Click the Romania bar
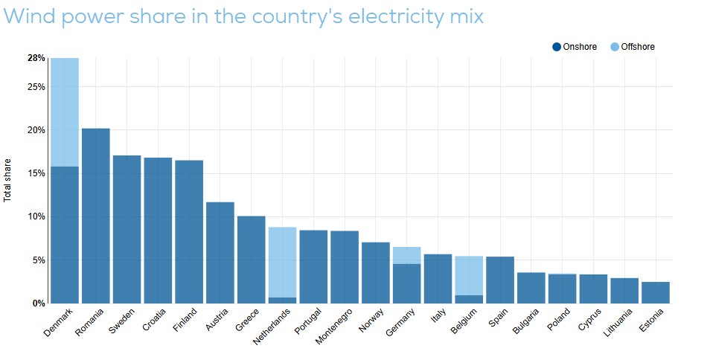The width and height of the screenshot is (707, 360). tap(95, 216)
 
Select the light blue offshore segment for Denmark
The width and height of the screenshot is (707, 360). tap(65, 112)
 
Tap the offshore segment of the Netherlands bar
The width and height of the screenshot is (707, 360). tap(282, 263)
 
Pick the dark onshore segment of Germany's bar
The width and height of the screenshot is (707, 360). tap(406, 283)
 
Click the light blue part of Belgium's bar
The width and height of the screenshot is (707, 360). tap(469, 276)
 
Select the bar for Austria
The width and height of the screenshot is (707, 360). tap(220, 253)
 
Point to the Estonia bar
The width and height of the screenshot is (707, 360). tap(656, 292)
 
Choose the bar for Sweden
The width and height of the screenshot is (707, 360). tap(127, 229)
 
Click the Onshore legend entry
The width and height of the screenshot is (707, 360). tap(575, 46)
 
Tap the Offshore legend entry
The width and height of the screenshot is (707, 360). tap(632, 46)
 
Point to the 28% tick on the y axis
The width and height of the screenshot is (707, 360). tap(36, 58)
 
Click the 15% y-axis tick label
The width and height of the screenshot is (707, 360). tap(36, 173)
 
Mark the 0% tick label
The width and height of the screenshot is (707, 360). tap(39, 303)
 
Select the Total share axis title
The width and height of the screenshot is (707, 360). tap(7, 180)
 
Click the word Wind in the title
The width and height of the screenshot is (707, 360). tap(30, 16)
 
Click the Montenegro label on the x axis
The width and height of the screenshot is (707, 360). tap(333, 327)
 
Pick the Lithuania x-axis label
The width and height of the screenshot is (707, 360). tap(618, 323)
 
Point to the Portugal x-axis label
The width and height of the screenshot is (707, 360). tap(308, 321)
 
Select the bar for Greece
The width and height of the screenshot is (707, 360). tap(251, 260)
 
